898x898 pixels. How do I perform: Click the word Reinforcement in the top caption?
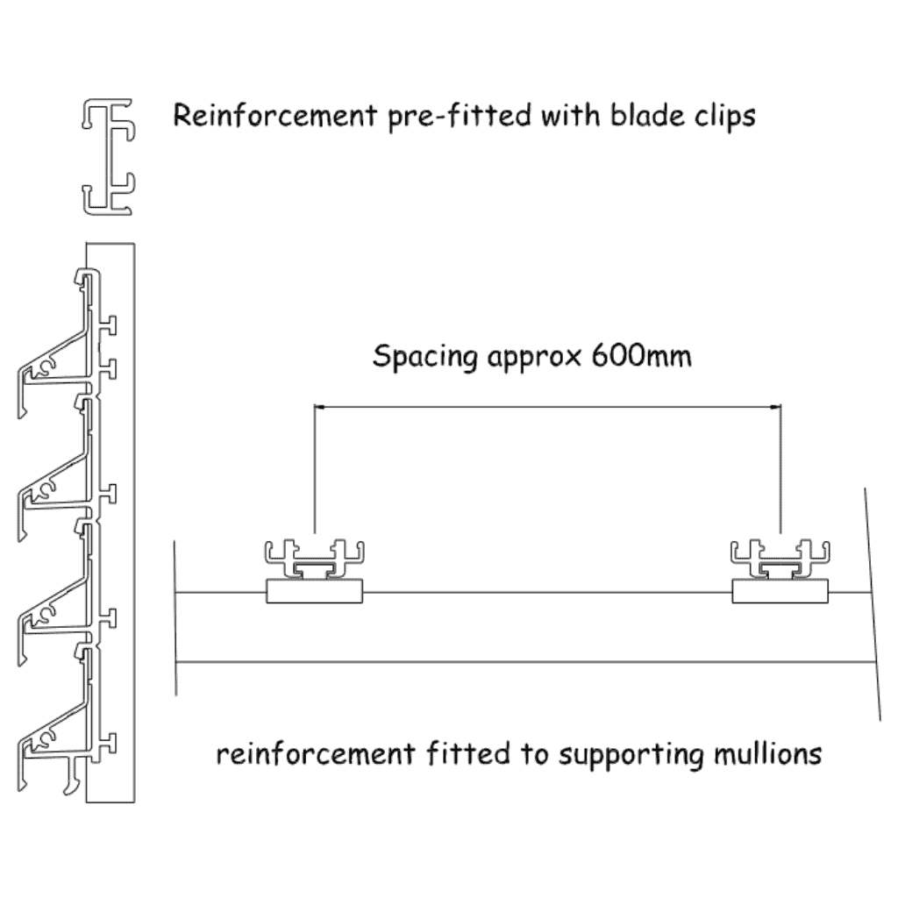274,115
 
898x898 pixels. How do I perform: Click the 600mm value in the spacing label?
641,355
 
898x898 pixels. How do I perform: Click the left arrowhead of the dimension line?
319,407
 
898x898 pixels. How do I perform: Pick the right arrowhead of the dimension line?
775,407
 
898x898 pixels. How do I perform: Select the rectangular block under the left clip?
315,591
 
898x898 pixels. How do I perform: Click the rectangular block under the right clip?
780,591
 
